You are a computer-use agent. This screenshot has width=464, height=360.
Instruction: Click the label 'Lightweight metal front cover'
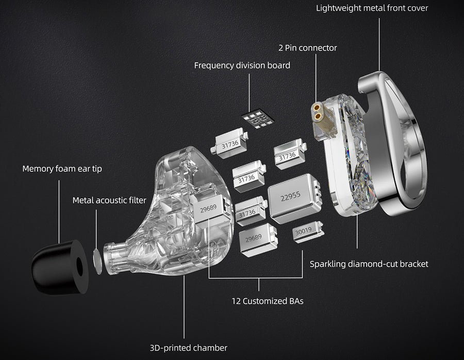372,8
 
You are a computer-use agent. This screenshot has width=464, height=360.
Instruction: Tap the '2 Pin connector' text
307,47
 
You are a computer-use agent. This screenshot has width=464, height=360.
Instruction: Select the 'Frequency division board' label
242,66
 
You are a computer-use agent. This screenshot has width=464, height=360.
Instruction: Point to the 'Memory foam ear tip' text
62,169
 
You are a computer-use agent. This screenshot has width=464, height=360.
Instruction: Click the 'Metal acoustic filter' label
109,200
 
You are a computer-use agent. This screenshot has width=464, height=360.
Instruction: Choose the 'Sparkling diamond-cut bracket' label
369,264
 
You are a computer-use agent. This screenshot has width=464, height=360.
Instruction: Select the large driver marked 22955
291,198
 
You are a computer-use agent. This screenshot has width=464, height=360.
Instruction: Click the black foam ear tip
59,267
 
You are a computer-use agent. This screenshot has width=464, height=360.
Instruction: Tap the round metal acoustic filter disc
97,259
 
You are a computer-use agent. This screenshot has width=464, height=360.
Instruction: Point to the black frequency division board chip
257,120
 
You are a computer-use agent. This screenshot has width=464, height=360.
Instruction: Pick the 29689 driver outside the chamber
256,240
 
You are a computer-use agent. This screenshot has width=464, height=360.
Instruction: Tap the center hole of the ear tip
79,266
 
